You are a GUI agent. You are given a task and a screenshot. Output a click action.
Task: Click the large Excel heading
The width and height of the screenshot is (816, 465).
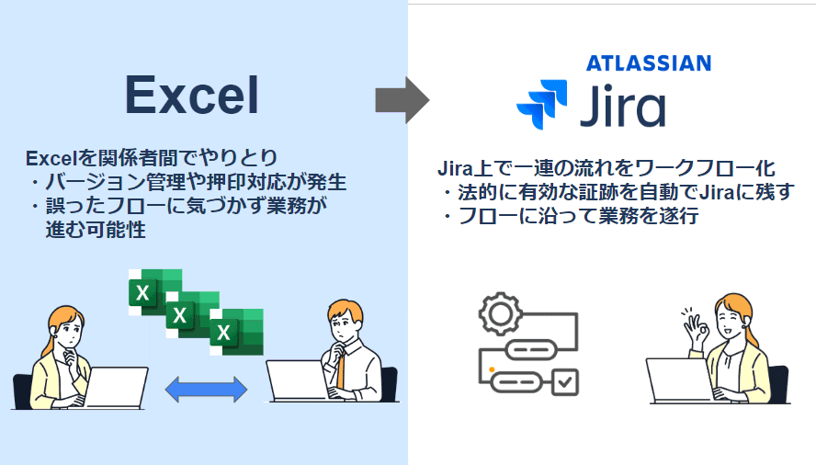click(192, 95)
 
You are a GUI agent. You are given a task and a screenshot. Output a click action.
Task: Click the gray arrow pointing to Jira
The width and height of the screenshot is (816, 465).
click(402, 100)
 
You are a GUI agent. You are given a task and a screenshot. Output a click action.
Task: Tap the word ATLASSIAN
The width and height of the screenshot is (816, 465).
click(649, 63)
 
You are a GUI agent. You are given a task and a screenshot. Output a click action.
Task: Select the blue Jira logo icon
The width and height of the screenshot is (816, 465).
click(542, 104)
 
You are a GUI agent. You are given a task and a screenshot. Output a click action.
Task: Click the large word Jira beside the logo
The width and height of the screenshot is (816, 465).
click(623, 107)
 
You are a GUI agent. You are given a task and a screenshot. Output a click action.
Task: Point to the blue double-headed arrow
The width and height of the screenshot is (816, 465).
click(206, 390)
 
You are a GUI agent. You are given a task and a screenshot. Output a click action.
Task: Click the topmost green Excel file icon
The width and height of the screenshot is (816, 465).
click(155, 292)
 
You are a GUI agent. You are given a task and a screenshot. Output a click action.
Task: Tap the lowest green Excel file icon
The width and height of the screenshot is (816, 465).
click(237, 332)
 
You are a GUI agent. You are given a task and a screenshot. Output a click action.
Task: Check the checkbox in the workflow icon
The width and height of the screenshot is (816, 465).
click(564, 382)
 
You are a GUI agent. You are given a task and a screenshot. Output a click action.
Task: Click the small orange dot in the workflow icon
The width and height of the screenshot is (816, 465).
click(492, 369)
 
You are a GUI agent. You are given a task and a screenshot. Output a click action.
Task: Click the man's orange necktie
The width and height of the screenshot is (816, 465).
click(340, 370)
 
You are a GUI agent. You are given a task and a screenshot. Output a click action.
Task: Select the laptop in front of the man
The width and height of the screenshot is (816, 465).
click(298, 380)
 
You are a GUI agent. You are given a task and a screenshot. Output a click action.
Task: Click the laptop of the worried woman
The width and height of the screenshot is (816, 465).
click(116, 387)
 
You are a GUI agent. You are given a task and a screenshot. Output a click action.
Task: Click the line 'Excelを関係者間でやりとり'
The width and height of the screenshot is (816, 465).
click(152, 158)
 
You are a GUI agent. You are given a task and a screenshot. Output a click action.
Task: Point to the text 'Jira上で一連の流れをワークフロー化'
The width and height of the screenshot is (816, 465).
click(606, 168)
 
